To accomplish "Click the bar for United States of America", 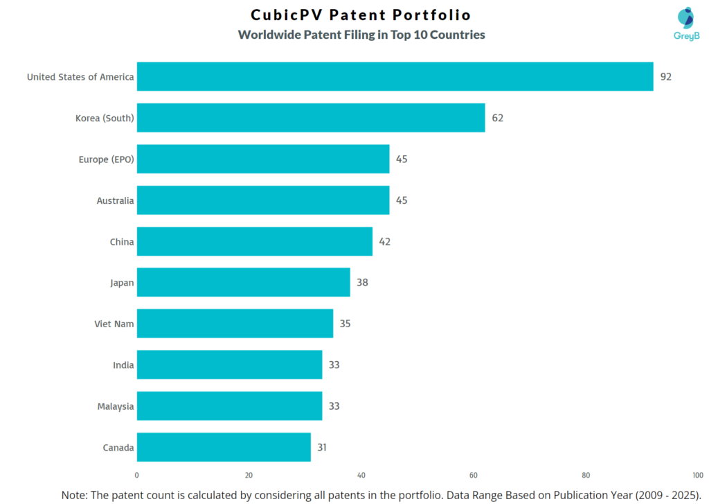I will click(395, 76).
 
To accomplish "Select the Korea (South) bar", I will click(311, 118).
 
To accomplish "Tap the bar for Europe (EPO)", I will click(263, 159).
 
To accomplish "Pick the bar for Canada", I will click(224, 447).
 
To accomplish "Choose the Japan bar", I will click(243, 282).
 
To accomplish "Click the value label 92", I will click(665, 77).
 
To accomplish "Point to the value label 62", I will click(497, 118).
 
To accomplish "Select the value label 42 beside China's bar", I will click(384, 242).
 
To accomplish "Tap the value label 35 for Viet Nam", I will click(345, 324).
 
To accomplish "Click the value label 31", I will click(322, 447).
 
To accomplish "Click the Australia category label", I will click(115, 200).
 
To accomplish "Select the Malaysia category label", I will click(115, 406).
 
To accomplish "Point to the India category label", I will click(123, 365).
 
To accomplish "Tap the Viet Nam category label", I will click(114, 324).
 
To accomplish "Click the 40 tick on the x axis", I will click(361, 476).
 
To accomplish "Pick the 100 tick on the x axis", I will click(697, 476).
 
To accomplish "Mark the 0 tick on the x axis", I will click(136, 476).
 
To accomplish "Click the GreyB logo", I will click(686, 24).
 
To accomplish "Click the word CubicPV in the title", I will click(283, 15).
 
